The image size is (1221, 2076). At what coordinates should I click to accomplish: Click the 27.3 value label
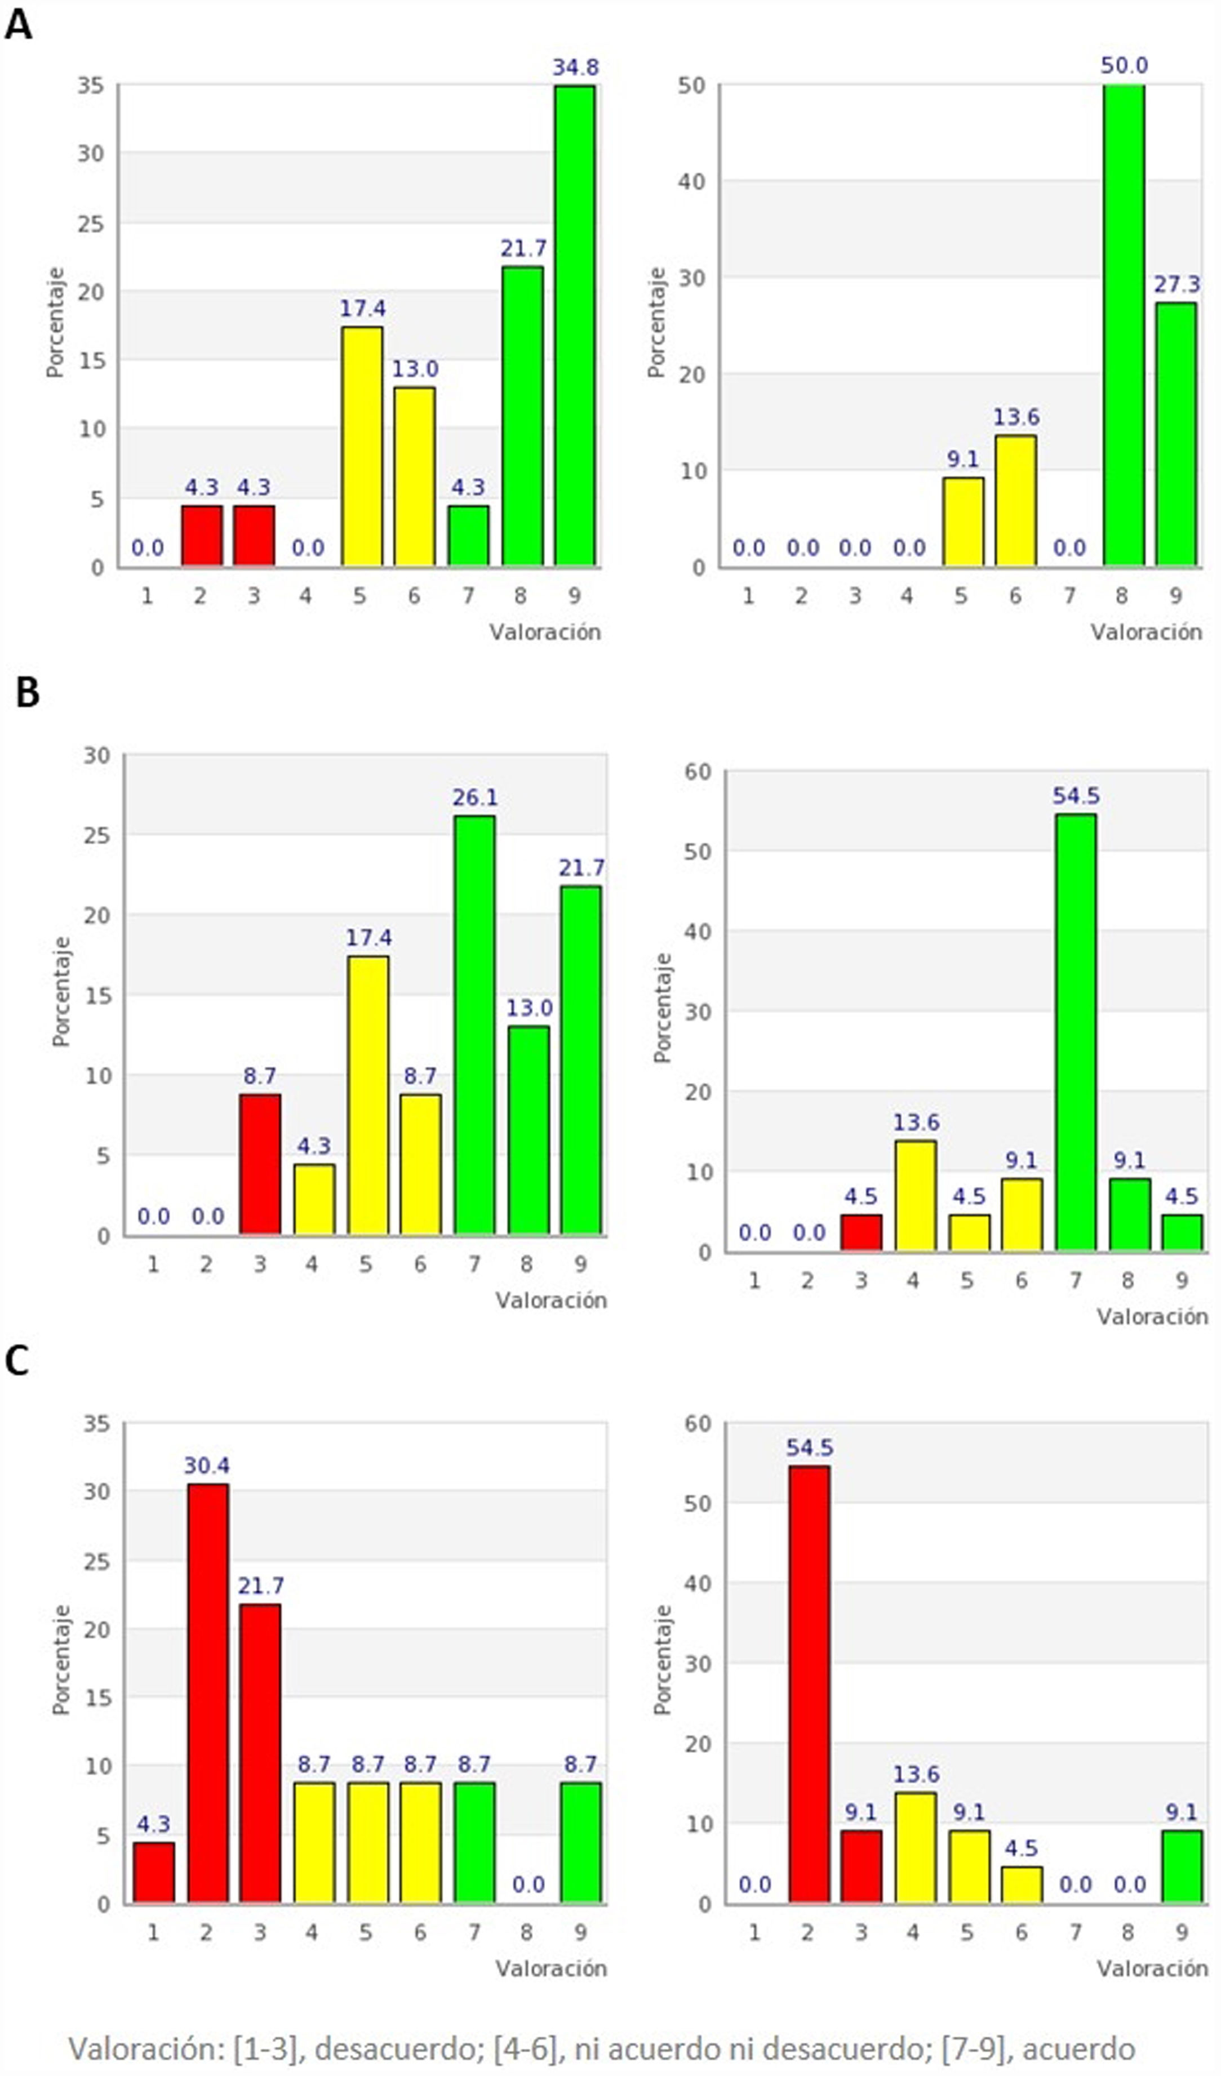(1176, 285)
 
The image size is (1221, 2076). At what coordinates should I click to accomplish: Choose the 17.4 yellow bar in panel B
(368, 1095)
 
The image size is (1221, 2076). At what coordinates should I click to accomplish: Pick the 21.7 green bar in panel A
(522, 416)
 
